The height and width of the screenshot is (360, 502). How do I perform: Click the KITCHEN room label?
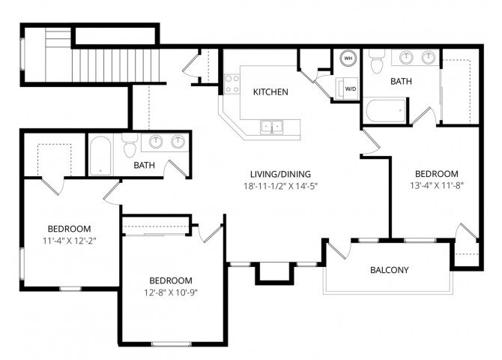[270, 91]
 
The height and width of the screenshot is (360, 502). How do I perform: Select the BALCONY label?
[390, 270]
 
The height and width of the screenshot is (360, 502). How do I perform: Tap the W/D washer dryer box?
[349, 89]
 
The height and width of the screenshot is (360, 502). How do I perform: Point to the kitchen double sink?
[271, 126]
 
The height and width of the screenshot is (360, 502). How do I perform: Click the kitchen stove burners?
[232, 83]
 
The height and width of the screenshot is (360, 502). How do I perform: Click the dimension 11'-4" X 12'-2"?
[69, 241]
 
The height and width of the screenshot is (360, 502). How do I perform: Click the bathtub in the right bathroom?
[386, 112]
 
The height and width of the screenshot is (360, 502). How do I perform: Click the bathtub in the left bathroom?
[100, 156]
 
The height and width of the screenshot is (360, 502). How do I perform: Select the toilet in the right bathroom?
[377, 59]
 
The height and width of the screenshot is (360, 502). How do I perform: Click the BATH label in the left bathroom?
[145, 165]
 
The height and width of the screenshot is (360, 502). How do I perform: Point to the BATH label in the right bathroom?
[401, 81]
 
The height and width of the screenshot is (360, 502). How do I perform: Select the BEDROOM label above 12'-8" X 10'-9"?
[170, 280]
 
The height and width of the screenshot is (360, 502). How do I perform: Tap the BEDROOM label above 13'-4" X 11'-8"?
[436, 172]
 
